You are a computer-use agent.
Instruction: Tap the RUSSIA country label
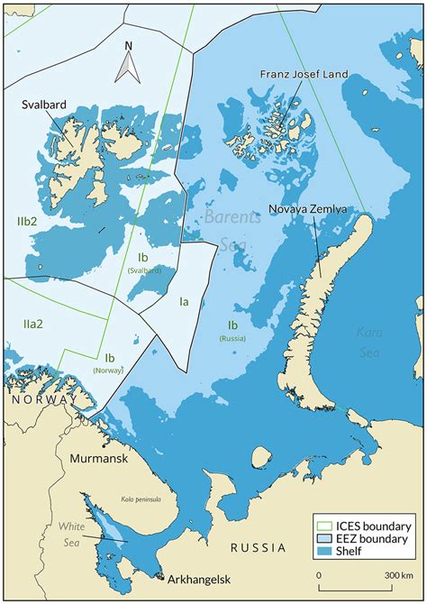coord(258,547)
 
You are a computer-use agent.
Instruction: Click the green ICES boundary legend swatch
coord(321,526)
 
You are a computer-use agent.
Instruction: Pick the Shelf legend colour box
coord(321,553)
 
